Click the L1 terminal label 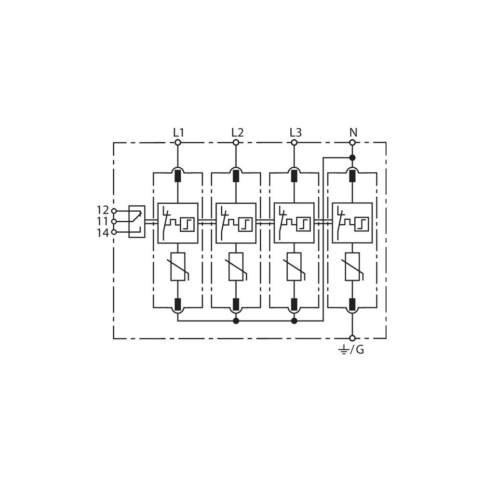[178, 133]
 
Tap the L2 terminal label [237, 133]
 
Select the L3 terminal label [295, 133]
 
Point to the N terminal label [353, 133]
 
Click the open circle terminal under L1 [178, 142]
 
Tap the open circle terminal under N [353, 142]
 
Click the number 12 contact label [103, 210]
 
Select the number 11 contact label [103, 221]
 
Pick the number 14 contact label [103, 233]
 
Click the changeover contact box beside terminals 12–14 [137, 221]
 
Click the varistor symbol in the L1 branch [178, 267]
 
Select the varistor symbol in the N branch [353, 267]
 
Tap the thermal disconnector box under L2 [236, 223]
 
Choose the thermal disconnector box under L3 [294, 223]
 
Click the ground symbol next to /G [343, 349]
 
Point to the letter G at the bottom [360, 349]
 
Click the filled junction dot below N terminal [353, 158]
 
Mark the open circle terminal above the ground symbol [353, 338]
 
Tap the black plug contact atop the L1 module [178, 175]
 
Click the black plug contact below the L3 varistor [294, 304]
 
